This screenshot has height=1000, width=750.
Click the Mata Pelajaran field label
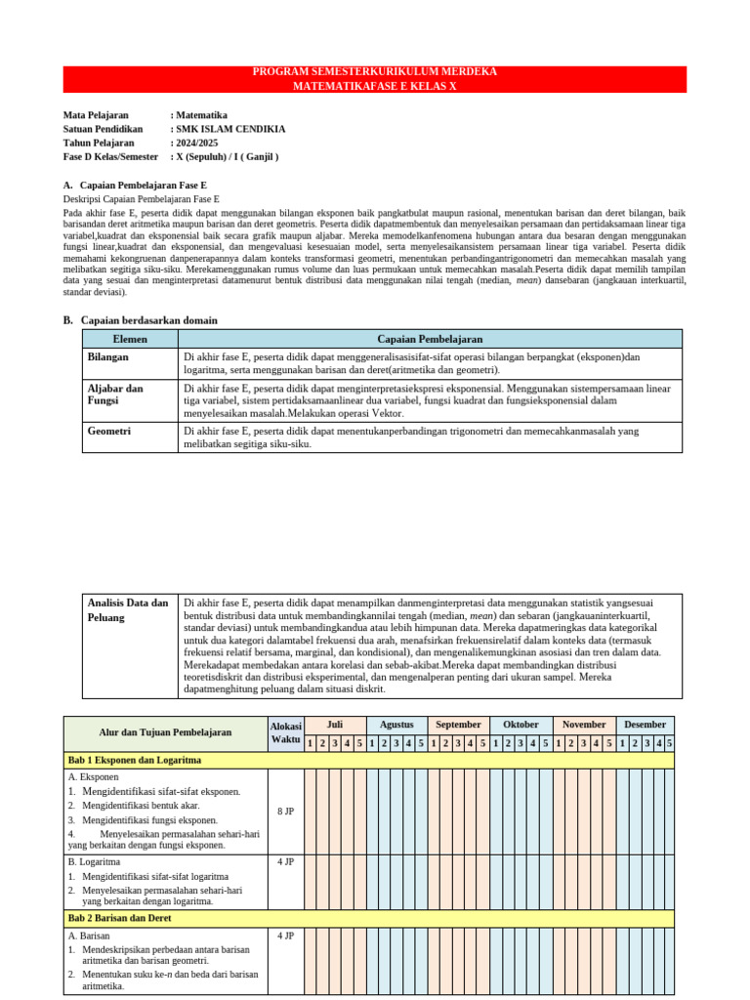coord(96,115)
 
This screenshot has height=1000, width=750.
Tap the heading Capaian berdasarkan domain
coord(148,320)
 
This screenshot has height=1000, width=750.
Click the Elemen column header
coord(130,339)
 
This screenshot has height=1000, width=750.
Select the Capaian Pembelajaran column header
coord(430,339)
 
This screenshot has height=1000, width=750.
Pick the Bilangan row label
coord(107,357)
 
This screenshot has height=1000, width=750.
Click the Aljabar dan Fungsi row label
coord(115,395)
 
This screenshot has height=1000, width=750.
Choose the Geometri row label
coord(109,431)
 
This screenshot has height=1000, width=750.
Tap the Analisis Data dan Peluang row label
coord(127,610)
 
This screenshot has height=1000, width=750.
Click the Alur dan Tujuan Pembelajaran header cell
coord(165,732)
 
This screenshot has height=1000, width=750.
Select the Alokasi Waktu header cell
coord(285,733)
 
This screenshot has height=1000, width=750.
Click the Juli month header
coord(334,725)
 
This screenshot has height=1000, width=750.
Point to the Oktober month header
coord(521,725)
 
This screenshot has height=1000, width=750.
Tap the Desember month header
coord(645,725)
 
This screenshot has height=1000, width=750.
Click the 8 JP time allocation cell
coord(285,812)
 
